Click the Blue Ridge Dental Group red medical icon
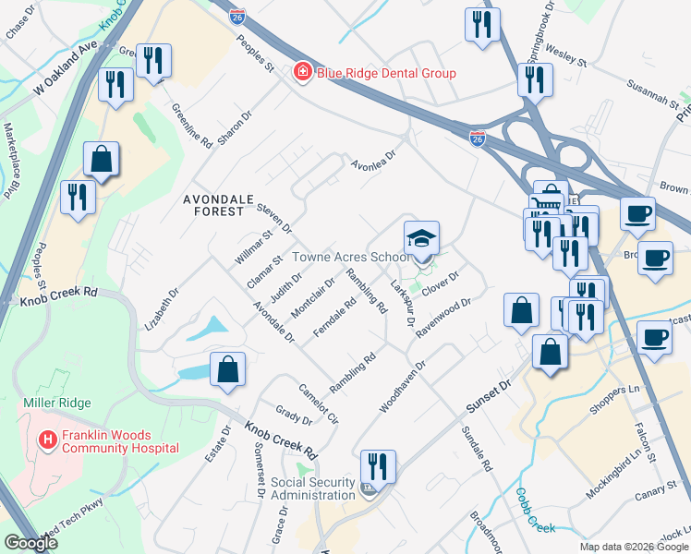[x=301, y=72]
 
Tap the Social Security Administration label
[x=313, y=488]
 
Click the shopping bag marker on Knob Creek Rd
[x=227, y=371]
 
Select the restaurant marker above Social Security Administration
[x=378, y=465]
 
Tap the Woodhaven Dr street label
[x=403, y=387]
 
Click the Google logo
[x=30, y=543]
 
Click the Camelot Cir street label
[x=319, y=403]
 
